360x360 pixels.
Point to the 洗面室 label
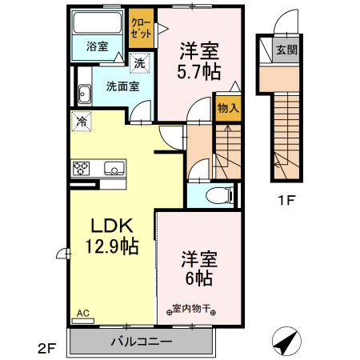pos(110,86)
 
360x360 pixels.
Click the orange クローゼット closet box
pos(140,30)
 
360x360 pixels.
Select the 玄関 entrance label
pos(286,50)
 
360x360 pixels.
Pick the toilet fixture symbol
pos(218,194)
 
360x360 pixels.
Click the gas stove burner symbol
pos(82,168)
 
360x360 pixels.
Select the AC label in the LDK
pos(84,313)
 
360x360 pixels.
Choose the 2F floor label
pos(46,348)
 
